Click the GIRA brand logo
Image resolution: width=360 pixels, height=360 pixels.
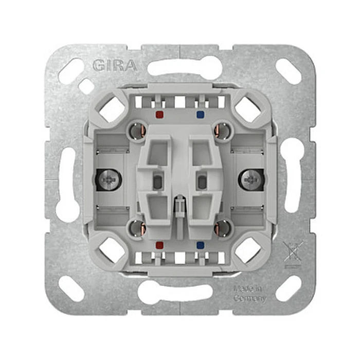tap(114, 66)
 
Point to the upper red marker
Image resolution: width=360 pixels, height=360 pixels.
tap(158, 115)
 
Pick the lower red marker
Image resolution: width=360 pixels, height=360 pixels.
tap(158, 246)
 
